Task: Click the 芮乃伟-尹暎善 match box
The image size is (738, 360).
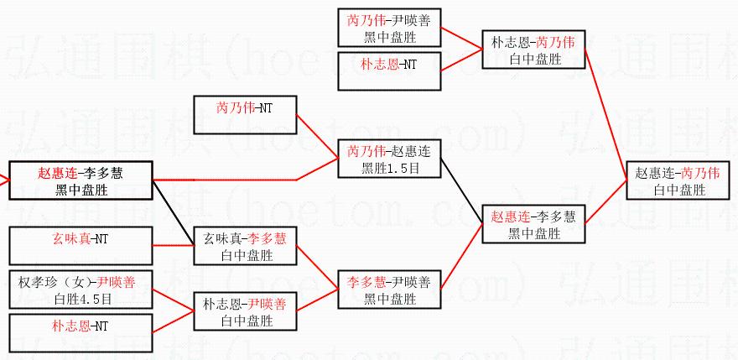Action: (388, 26)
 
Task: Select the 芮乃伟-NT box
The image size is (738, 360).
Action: (245, 115)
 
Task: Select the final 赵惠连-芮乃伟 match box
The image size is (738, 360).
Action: (678, 181)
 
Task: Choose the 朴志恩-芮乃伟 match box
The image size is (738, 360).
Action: (533, 50)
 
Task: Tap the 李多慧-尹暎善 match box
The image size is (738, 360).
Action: (388, 287)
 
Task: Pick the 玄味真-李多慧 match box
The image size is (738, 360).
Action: (245, 245)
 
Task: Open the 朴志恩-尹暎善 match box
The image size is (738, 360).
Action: (245, 311)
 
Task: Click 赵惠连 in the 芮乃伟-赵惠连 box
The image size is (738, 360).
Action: (410, 152)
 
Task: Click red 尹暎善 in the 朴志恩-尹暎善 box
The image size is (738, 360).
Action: (268, 304)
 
